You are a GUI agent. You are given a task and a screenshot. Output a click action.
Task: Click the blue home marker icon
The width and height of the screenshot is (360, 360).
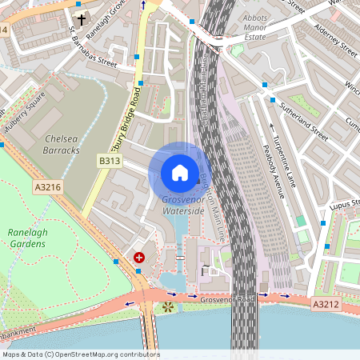(179, 173)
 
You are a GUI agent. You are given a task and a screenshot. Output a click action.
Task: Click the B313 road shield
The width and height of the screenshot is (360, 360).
(110, 161)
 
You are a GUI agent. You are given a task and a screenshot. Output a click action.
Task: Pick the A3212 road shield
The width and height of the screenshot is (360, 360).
(325, 304)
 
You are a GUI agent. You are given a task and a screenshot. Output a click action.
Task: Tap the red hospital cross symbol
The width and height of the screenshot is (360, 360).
(139, 258)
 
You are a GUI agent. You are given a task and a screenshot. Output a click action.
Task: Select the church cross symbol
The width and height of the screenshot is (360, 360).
(81, 19)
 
